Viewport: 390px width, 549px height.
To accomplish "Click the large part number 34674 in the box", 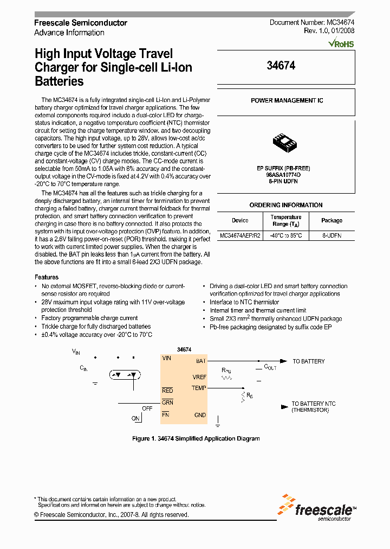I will (281, 65).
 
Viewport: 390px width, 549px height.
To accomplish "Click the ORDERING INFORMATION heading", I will (285, 205).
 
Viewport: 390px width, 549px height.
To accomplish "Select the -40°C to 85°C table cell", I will (286, 236).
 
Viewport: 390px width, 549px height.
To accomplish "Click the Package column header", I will (331, 221).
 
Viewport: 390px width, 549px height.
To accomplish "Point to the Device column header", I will (240, 221).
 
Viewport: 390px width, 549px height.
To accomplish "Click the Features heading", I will (47, 277).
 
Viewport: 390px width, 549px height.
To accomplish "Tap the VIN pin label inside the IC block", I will (167, 358).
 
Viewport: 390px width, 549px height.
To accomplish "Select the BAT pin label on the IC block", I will (200, 361).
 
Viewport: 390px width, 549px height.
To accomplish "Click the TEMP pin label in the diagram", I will (199, 388).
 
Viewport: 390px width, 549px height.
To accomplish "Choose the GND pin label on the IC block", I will (200, 415).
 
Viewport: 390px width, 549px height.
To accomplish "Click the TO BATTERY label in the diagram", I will (309, 361).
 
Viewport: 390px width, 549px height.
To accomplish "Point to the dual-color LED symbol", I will (125, 374).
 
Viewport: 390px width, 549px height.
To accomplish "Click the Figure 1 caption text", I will (196, 438).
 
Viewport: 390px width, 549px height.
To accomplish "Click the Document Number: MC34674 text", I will (312, 23).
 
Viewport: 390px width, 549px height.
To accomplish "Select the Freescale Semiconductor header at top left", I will (81, 23).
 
